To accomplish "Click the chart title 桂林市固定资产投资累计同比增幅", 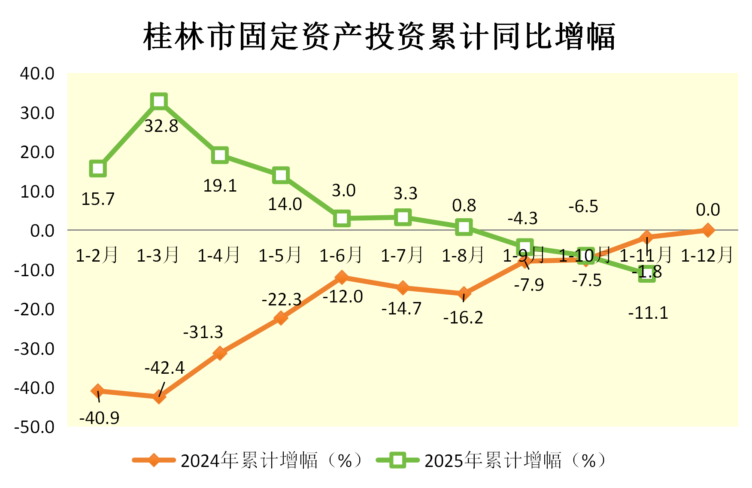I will (379, 37).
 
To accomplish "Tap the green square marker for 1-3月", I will (159, 101).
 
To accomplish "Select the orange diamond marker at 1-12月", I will (708, 230).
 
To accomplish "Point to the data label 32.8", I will (161, 126).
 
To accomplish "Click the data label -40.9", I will (99, 418).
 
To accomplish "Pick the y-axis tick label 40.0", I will (37, 73).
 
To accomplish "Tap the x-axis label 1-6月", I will (341, 255).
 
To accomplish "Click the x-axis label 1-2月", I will (97, 255).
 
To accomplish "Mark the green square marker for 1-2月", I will (98, 168).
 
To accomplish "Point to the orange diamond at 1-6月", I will (342, 277).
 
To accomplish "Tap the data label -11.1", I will (648, 313).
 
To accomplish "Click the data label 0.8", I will (464, 205).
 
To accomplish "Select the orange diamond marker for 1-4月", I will (220, 353).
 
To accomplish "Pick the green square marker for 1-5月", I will (281, 175).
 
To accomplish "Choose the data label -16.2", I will (463, 317).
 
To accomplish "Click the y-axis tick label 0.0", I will (42, 231).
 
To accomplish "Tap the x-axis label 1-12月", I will (707, 255).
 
